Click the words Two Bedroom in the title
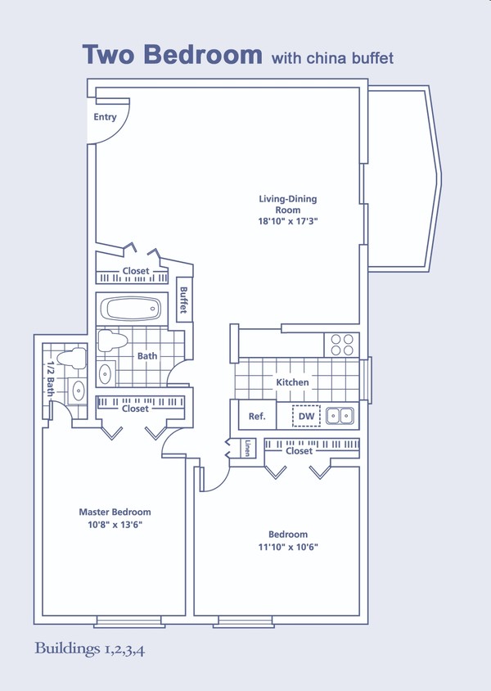coord(171,54)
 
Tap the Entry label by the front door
coord(105,117)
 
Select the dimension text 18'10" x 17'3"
coord(287,221)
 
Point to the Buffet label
coord(184,300)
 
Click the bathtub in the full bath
coord(130,310)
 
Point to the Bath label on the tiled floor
coord(147,356)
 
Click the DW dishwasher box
coord(306,416)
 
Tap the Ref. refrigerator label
coord(257,417)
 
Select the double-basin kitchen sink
coord(340,416)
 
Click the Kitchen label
coord(292,382)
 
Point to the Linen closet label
coord(247,449)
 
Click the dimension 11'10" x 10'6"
coord(287,546)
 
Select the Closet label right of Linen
coord(300,450)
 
